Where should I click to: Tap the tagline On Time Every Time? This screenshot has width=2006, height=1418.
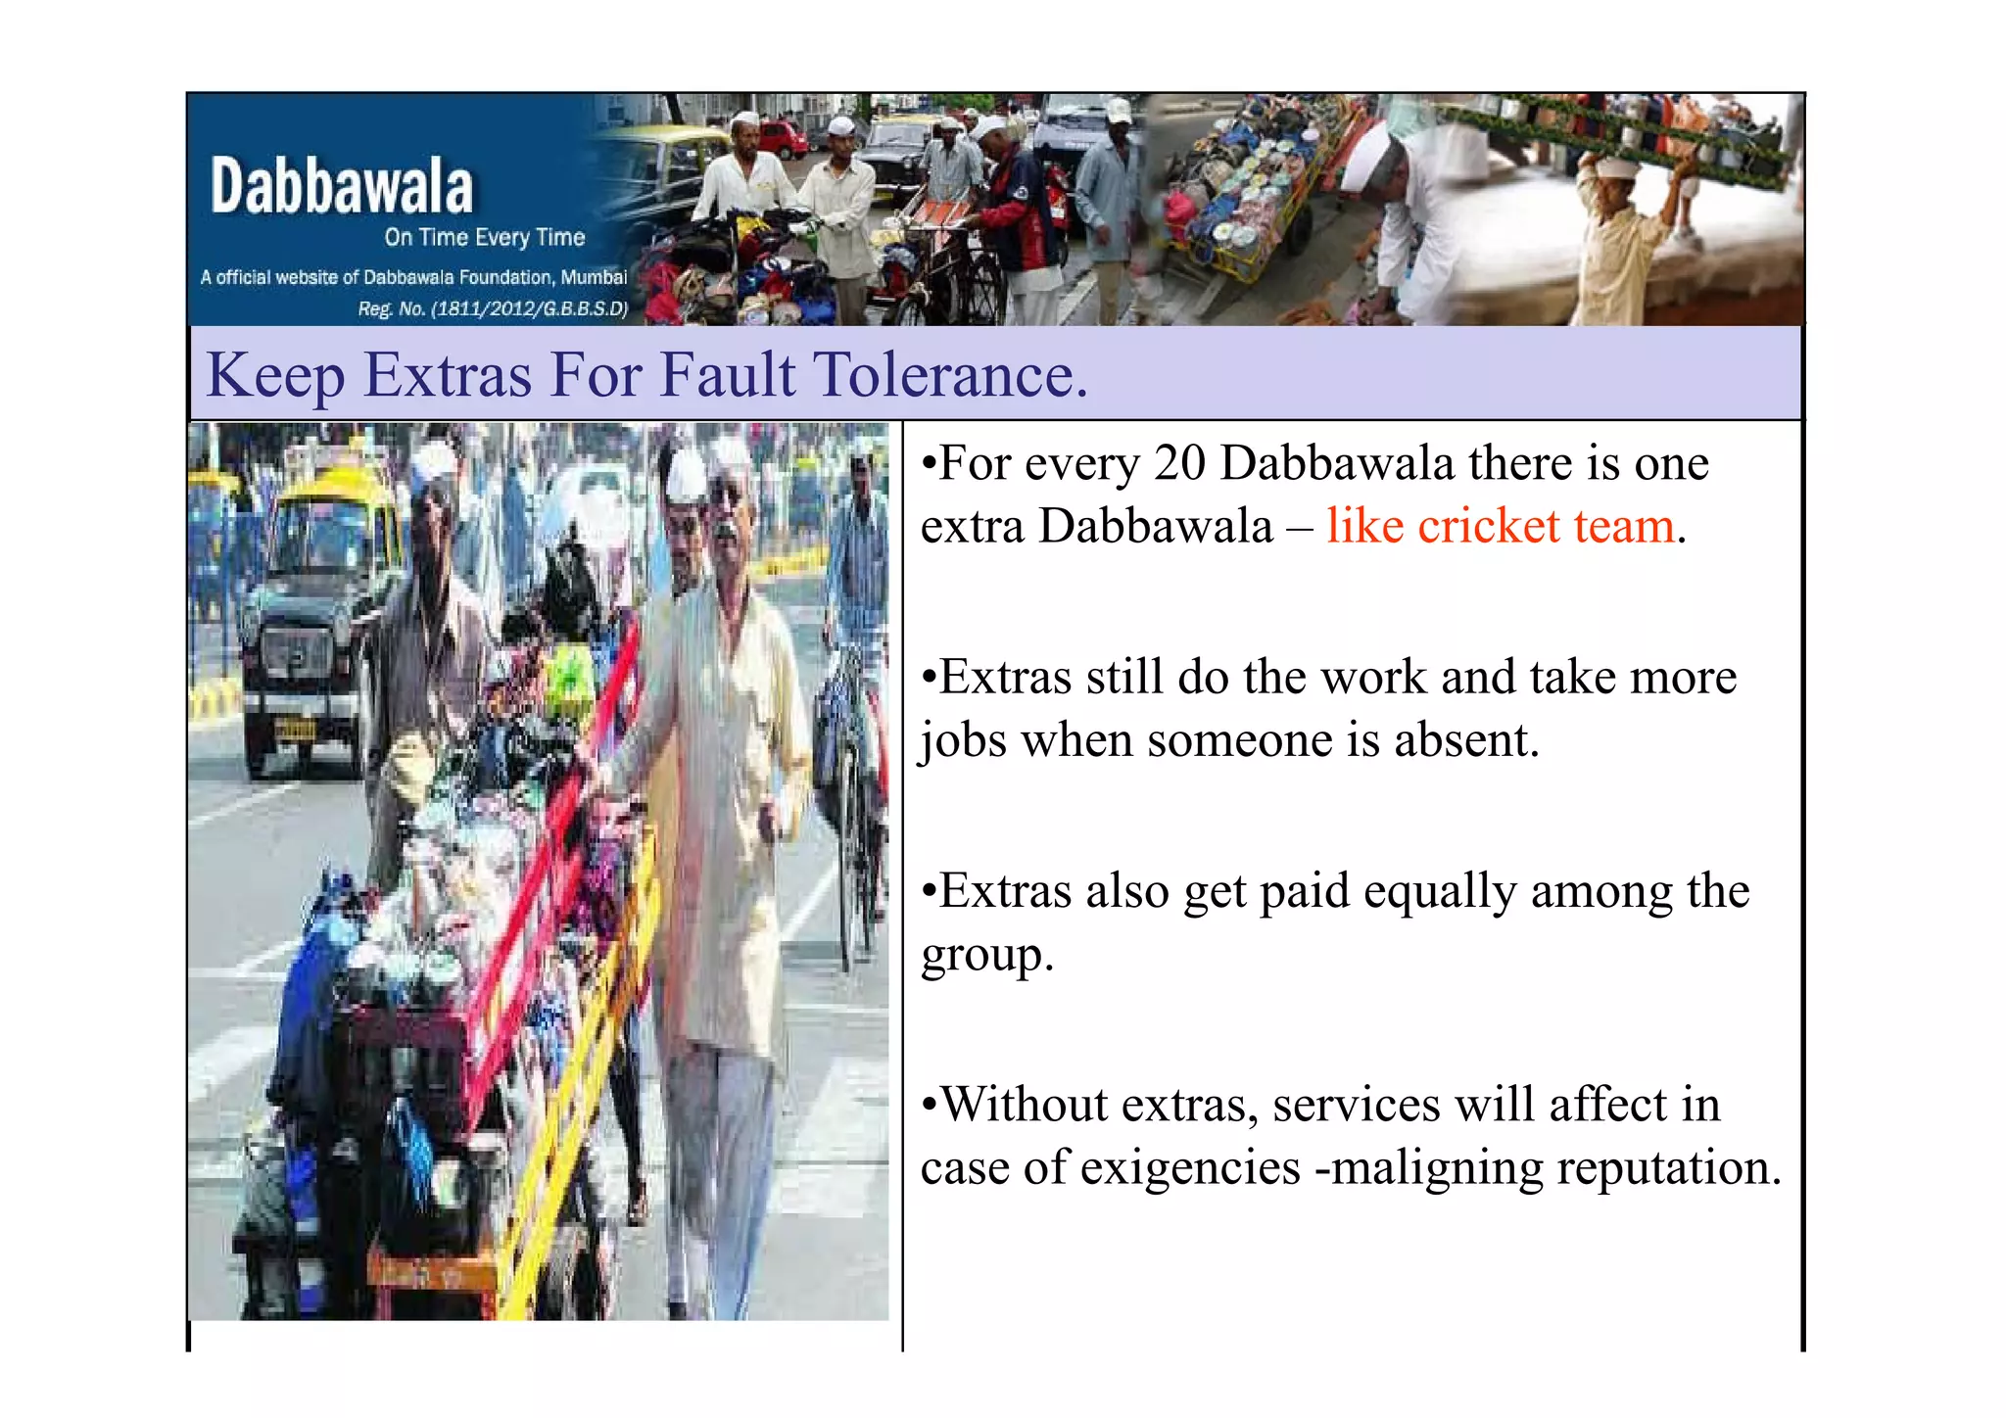pos(484,237)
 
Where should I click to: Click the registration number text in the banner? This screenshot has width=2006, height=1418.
pos(492,308)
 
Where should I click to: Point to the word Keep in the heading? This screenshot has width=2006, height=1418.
pos(275,376)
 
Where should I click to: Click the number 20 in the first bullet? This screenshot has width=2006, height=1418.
pos(1179,462)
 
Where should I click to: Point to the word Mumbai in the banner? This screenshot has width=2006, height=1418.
pos(594,277)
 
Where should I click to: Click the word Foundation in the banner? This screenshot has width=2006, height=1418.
pos(507,277)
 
